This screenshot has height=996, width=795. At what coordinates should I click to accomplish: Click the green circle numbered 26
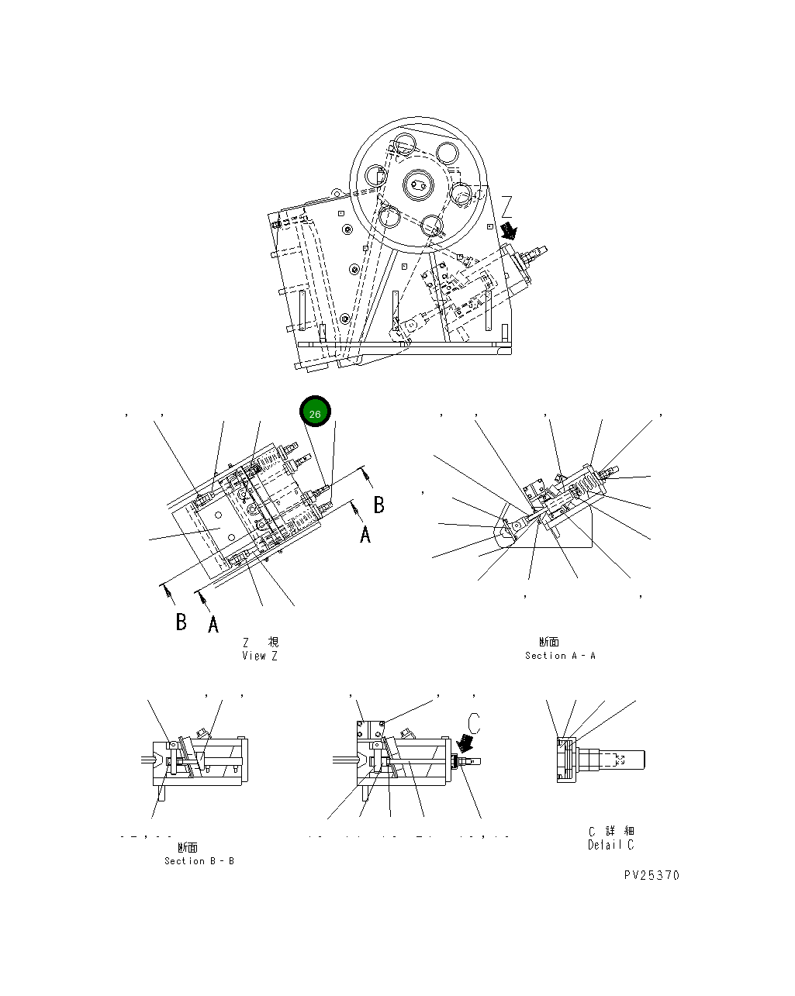pyautogui.click(x=315, y=414)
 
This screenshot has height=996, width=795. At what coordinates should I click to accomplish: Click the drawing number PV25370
pyautogui.click(x=651, y=875)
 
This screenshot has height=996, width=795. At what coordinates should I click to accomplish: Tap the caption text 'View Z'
pyautogui.click(x=259, y=656)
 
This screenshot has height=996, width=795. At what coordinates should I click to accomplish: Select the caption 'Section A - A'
pyautogui.click(x=560, y=656)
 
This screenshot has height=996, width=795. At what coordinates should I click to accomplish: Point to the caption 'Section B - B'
pyautogui.click(x=199, y=861)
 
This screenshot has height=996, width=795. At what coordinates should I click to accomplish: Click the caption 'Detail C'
pyautogui.click(x=610, y=845)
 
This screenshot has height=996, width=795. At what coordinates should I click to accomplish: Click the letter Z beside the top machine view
pyautogui.click(x=506, y=206)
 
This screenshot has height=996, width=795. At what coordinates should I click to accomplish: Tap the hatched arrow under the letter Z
pyautogui.click(x=509, y=230)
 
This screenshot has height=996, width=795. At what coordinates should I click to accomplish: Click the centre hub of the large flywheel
pyautogui.click(x=417, y=185)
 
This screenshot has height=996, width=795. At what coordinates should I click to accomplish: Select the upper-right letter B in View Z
pyautogui.click(x=378, y=505)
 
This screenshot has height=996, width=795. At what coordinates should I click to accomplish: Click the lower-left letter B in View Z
pyautogui.click(x=181, y=622)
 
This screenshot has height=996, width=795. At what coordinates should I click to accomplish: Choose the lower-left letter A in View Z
pyautogui.click(x=213, y=623)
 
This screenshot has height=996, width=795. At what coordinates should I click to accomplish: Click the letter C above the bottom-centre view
pyautogui.click(x=475, y=722)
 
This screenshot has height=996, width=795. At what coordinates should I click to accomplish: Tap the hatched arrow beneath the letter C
pyautogui.click(x=466, y=744)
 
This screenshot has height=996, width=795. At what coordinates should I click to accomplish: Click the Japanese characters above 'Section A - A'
pyautogui.click(x=548, y=642)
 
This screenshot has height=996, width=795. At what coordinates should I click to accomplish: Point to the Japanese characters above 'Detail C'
pyautogui.click(x=611, y=831)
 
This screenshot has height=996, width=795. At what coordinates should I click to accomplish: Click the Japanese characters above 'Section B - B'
pyautogui.click(x=188, y=848)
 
